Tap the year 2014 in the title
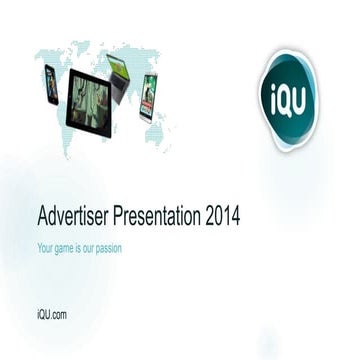click(221, 215)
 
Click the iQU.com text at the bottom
click(51, 315)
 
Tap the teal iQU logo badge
click(286, 100)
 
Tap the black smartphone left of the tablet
click(51, 84)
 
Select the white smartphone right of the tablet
click(148, 97)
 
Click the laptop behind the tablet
click(118, 75)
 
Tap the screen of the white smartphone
click(148, 96)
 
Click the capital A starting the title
click(43, 215)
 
